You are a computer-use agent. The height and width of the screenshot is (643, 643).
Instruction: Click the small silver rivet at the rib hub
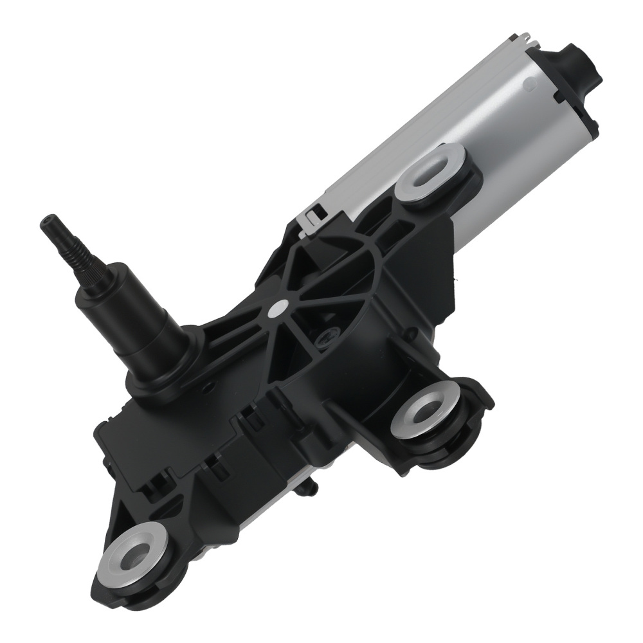(x=280, y=309)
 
